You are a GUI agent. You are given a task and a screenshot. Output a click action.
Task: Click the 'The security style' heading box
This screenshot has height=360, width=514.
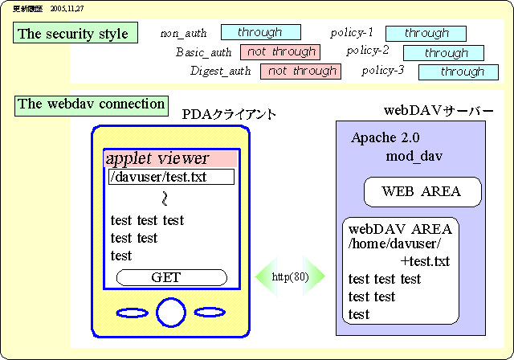[72, 34]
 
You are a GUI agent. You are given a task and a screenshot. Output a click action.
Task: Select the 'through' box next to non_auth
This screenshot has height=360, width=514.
[260, 32]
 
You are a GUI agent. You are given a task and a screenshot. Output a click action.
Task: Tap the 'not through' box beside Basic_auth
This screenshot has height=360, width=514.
[280, 52]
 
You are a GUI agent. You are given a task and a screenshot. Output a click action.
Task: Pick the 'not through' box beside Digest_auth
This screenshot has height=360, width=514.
[301, 71]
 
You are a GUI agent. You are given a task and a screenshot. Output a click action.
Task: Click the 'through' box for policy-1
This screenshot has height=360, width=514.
[426, 33]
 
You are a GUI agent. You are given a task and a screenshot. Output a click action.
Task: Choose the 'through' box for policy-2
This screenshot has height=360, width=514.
[444, 53]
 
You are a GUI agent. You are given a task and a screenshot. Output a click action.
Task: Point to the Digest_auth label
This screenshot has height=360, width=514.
[220, 72]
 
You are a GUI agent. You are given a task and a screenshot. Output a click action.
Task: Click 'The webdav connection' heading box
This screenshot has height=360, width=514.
[92, 104]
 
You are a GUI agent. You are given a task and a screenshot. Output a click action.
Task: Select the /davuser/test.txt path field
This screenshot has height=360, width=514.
[171, 177]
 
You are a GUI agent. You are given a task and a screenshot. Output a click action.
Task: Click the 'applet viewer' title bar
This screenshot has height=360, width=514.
[171, 158]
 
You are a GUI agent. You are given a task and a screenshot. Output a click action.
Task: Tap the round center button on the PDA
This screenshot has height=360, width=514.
[170, 312]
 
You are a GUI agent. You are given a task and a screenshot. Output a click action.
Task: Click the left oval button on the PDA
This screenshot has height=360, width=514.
[132, 312]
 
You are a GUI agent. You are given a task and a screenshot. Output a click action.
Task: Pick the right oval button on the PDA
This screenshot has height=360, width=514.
[210, 312]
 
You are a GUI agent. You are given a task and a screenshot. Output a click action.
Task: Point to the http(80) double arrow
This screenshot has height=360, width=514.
[290, 277]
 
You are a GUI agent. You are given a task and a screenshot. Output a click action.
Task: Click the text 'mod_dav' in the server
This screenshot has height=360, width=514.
[414, 155]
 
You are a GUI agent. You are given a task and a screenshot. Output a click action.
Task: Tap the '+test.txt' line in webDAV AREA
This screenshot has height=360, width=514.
[425, 261]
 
